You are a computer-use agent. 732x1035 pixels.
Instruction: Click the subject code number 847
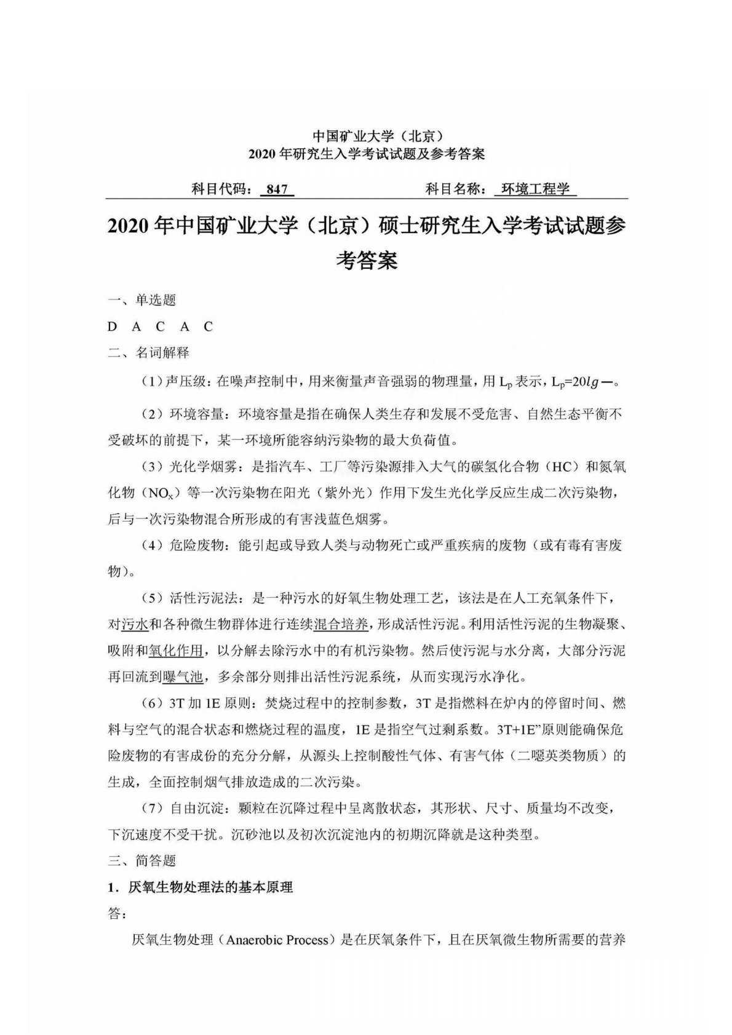(277, 189)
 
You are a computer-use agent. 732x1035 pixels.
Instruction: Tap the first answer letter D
(112, 327)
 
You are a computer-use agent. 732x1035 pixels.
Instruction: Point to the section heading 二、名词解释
(149, 352)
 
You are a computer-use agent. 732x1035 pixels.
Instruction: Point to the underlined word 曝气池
(183, 677)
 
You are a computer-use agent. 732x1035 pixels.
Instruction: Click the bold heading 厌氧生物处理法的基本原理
(210, 887)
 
